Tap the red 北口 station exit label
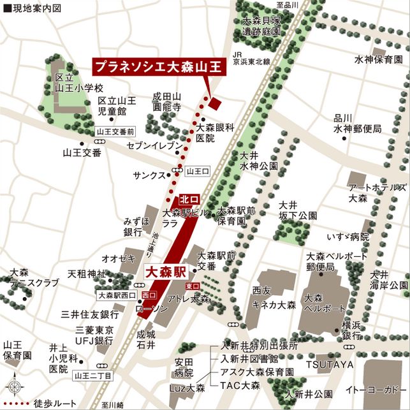189,200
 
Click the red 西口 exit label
149,295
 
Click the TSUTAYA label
328,364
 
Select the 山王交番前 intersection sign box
115,131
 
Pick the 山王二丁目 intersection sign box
92,376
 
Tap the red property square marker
214,103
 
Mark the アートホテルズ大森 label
376,193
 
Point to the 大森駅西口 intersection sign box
117,295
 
